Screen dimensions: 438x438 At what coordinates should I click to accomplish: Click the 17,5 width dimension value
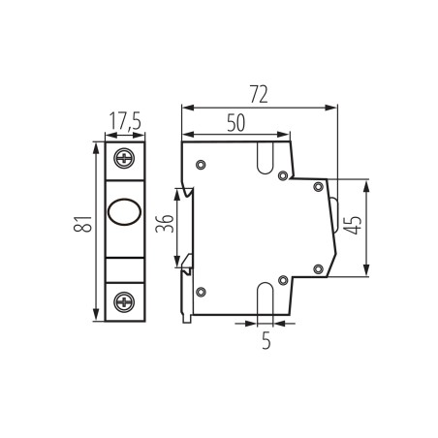point(125,122)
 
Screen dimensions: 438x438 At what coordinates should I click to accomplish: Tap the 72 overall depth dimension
point(257,94)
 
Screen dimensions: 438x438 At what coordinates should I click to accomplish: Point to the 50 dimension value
point(235,122)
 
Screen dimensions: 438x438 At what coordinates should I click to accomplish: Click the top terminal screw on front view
point(125,158)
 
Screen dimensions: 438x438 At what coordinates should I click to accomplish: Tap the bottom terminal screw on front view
point(125,302)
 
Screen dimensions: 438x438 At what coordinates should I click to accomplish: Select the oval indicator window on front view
point(125,210)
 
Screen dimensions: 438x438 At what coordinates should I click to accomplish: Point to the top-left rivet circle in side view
point(201,166)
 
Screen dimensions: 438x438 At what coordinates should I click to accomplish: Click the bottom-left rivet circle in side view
point(201,292)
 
